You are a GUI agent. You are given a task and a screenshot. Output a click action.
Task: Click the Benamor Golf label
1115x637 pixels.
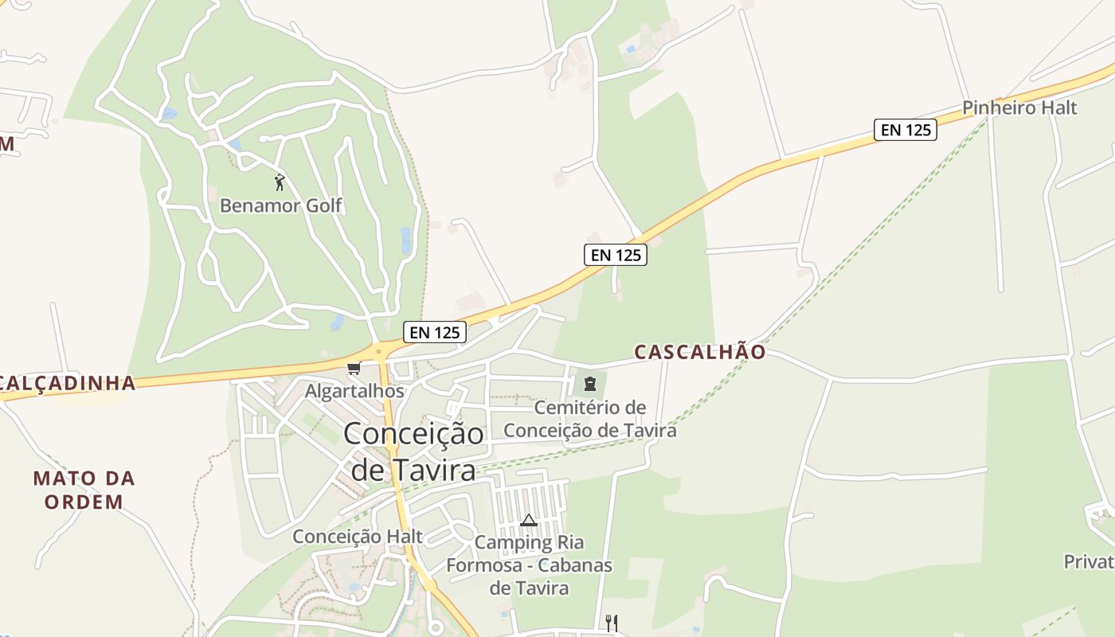click(280, 205)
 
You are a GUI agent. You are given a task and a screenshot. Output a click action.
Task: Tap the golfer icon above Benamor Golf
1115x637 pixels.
click(280, 182)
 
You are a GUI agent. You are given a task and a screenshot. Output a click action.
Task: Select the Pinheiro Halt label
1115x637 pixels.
click(1019, 107)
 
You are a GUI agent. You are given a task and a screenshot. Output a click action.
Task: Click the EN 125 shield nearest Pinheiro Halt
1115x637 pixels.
click(905, 129)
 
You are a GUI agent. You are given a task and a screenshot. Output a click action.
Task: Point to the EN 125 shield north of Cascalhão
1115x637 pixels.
click(615, 255)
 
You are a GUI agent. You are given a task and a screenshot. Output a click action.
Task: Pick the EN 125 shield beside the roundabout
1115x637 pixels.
click(434, 332)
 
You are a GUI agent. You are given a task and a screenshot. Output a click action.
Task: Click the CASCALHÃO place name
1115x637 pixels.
click(700, 352)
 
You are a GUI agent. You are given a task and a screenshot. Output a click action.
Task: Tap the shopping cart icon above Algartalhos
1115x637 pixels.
click(354, 368)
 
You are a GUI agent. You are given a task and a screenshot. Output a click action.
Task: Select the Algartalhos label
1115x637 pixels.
click(354, 391)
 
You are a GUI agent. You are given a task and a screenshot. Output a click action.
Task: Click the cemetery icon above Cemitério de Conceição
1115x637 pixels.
click(589, 385)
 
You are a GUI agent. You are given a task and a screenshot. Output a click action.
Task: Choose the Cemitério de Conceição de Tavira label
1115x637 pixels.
click(590, 419)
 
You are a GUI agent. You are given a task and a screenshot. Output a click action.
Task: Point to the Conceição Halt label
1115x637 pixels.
click(358, 536)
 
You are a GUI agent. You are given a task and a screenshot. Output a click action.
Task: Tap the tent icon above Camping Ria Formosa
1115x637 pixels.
click(528, 521)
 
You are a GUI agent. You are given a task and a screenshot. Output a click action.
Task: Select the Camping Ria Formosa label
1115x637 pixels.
click(529, 565)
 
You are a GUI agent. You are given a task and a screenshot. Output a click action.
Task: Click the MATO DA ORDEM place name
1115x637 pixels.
click(84, 490)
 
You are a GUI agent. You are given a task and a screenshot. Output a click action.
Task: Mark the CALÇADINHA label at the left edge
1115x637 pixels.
click(68, 383)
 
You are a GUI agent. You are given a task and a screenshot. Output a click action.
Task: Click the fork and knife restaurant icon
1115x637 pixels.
click(611, 623)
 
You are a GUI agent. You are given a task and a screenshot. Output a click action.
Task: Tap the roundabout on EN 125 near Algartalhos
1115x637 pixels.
click(380, 350)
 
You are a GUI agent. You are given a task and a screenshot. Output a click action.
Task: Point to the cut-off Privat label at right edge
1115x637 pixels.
click(1089, 561)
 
